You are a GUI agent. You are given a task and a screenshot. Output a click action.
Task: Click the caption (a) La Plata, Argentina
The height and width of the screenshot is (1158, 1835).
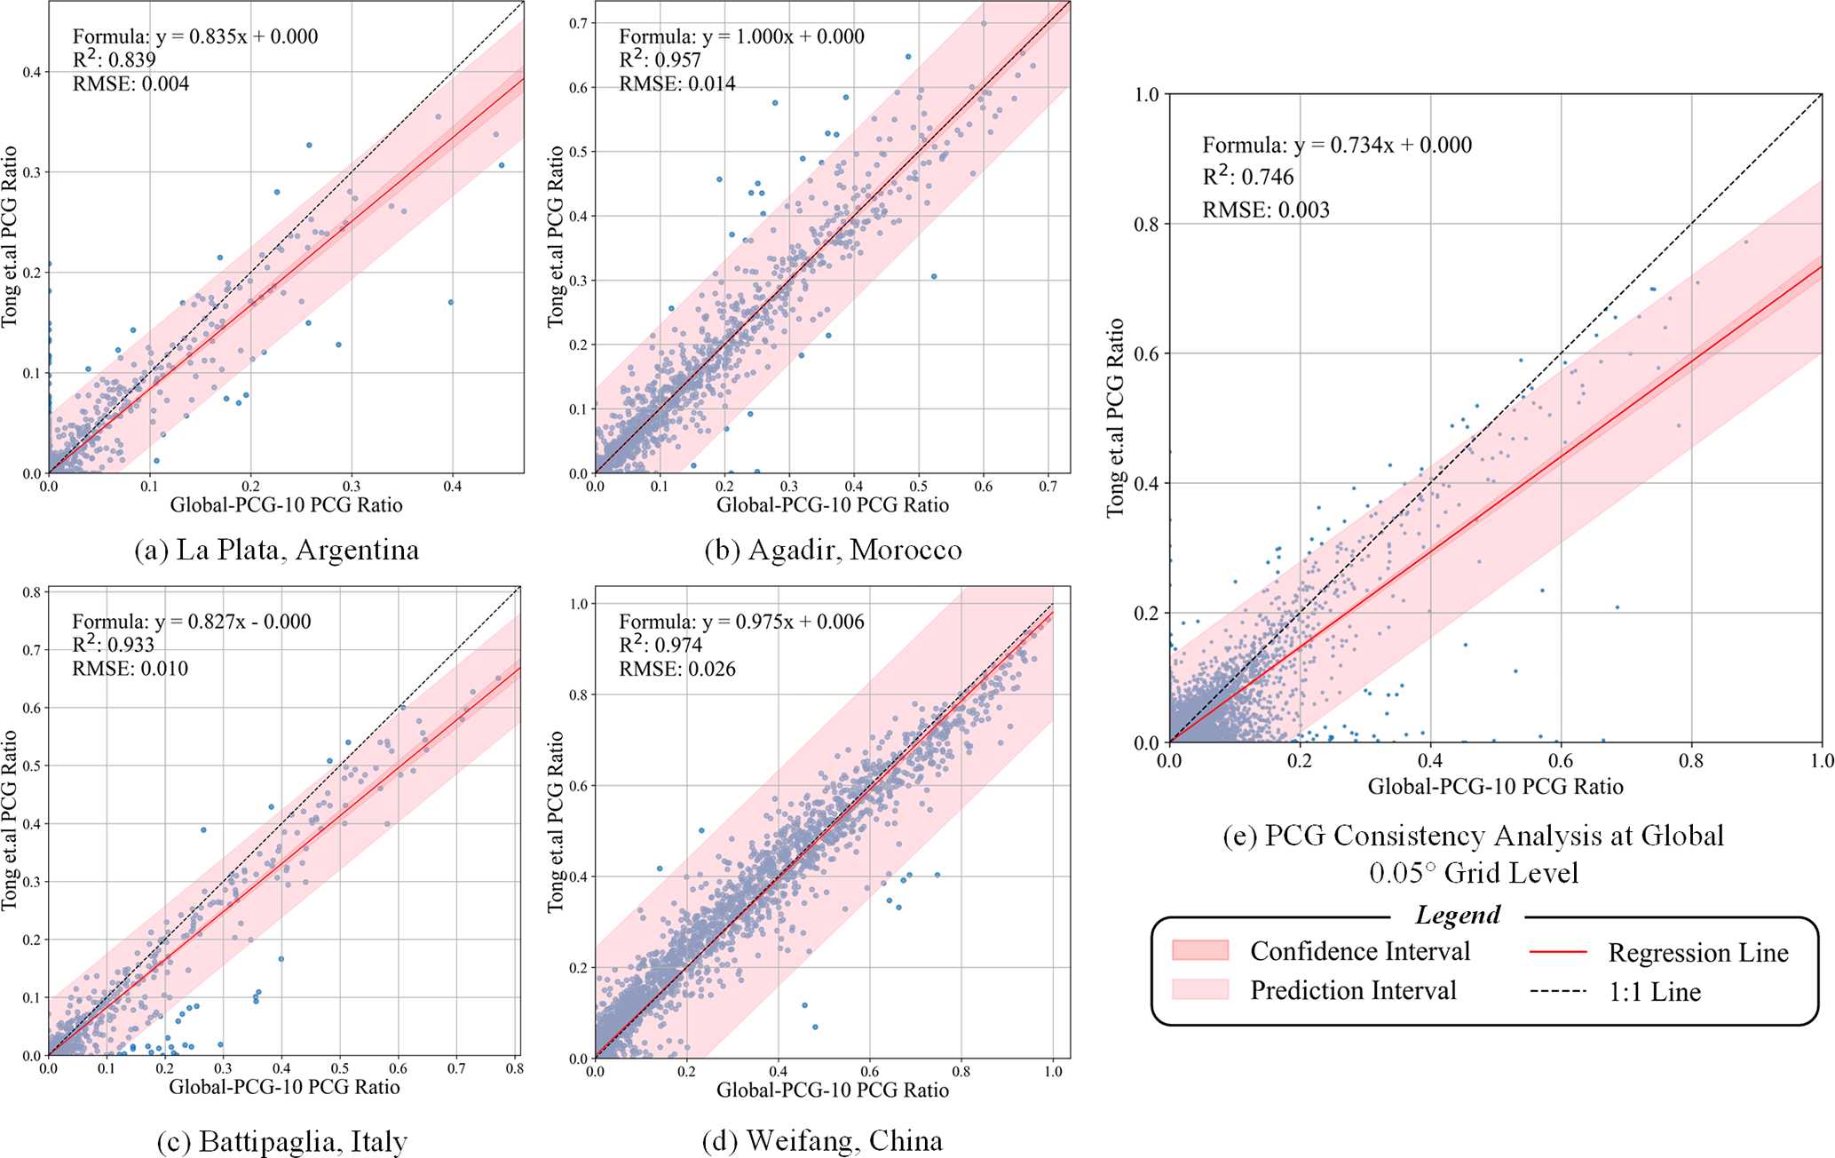[x=276, y=551]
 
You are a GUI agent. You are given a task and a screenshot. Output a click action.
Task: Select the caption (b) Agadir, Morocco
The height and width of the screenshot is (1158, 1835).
[x=833, y=551]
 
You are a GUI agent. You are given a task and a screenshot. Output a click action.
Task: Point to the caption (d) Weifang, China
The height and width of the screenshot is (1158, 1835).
[x=822, y=1140]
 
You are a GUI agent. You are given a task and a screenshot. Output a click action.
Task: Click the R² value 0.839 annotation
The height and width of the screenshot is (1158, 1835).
[x=114, y=60]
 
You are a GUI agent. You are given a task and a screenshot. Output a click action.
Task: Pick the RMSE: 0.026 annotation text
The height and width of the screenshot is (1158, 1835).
[x=677, y=669]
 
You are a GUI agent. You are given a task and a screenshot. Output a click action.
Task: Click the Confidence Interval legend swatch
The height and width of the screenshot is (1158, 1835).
[x=1200, y=951]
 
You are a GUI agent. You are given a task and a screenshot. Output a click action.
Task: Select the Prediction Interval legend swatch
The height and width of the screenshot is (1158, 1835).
[x=1200, y=990]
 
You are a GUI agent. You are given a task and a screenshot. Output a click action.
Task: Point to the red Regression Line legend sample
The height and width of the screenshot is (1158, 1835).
[x=1558, y=952]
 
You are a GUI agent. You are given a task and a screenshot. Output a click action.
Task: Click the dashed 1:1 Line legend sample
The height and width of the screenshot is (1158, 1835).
[x=1558, y=991]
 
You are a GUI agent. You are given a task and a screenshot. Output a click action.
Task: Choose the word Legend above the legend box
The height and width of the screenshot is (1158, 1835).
[x=1458, y=915]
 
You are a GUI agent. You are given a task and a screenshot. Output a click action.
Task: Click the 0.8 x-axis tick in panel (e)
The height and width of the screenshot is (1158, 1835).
[x=1691, y=761]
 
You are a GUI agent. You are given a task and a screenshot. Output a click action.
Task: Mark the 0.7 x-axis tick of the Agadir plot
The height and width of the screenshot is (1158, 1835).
[x=1048, y=487]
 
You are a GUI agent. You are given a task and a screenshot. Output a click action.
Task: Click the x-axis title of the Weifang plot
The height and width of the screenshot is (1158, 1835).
[x=833, y=1090]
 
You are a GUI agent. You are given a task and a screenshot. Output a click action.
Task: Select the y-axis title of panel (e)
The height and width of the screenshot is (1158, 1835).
[x=1115, y=417]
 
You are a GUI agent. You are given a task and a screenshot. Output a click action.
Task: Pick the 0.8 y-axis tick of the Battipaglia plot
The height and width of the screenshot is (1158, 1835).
[x=33, y=592]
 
